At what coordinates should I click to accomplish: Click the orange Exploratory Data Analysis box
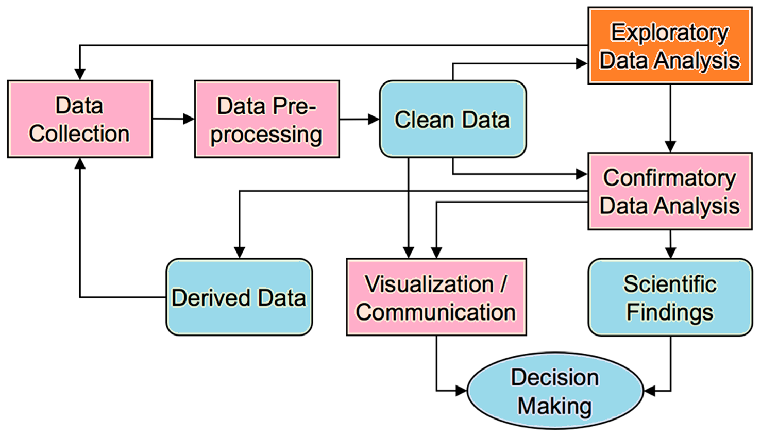(670, 46)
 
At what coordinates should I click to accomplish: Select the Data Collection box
(80, 119)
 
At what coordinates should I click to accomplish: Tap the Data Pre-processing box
(266, 119)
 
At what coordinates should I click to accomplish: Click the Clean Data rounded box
(452, 119)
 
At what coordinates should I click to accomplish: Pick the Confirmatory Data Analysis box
(670, 191)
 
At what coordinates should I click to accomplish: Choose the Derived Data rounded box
(239, 297)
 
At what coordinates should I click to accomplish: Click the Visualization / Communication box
(436, 297)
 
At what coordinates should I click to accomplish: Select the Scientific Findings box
(670, 297)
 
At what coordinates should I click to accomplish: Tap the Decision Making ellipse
(555, 391)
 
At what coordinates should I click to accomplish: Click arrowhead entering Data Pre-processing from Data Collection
(189, 119)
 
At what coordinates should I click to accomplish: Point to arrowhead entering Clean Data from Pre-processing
(374, 119)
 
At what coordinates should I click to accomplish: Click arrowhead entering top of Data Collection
(80, 74)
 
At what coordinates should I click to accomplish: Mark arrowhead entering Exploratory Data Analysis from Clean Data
(582, 64)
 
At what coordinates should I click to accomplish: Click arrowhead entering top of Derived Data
(239, 252)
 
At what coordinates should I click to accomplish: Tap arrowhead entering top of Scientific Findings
(670, 252)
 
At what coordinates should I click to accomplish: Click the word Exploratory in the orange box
(669, 32)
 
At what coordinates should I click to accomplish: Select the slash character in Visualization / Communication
(503, 284)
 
